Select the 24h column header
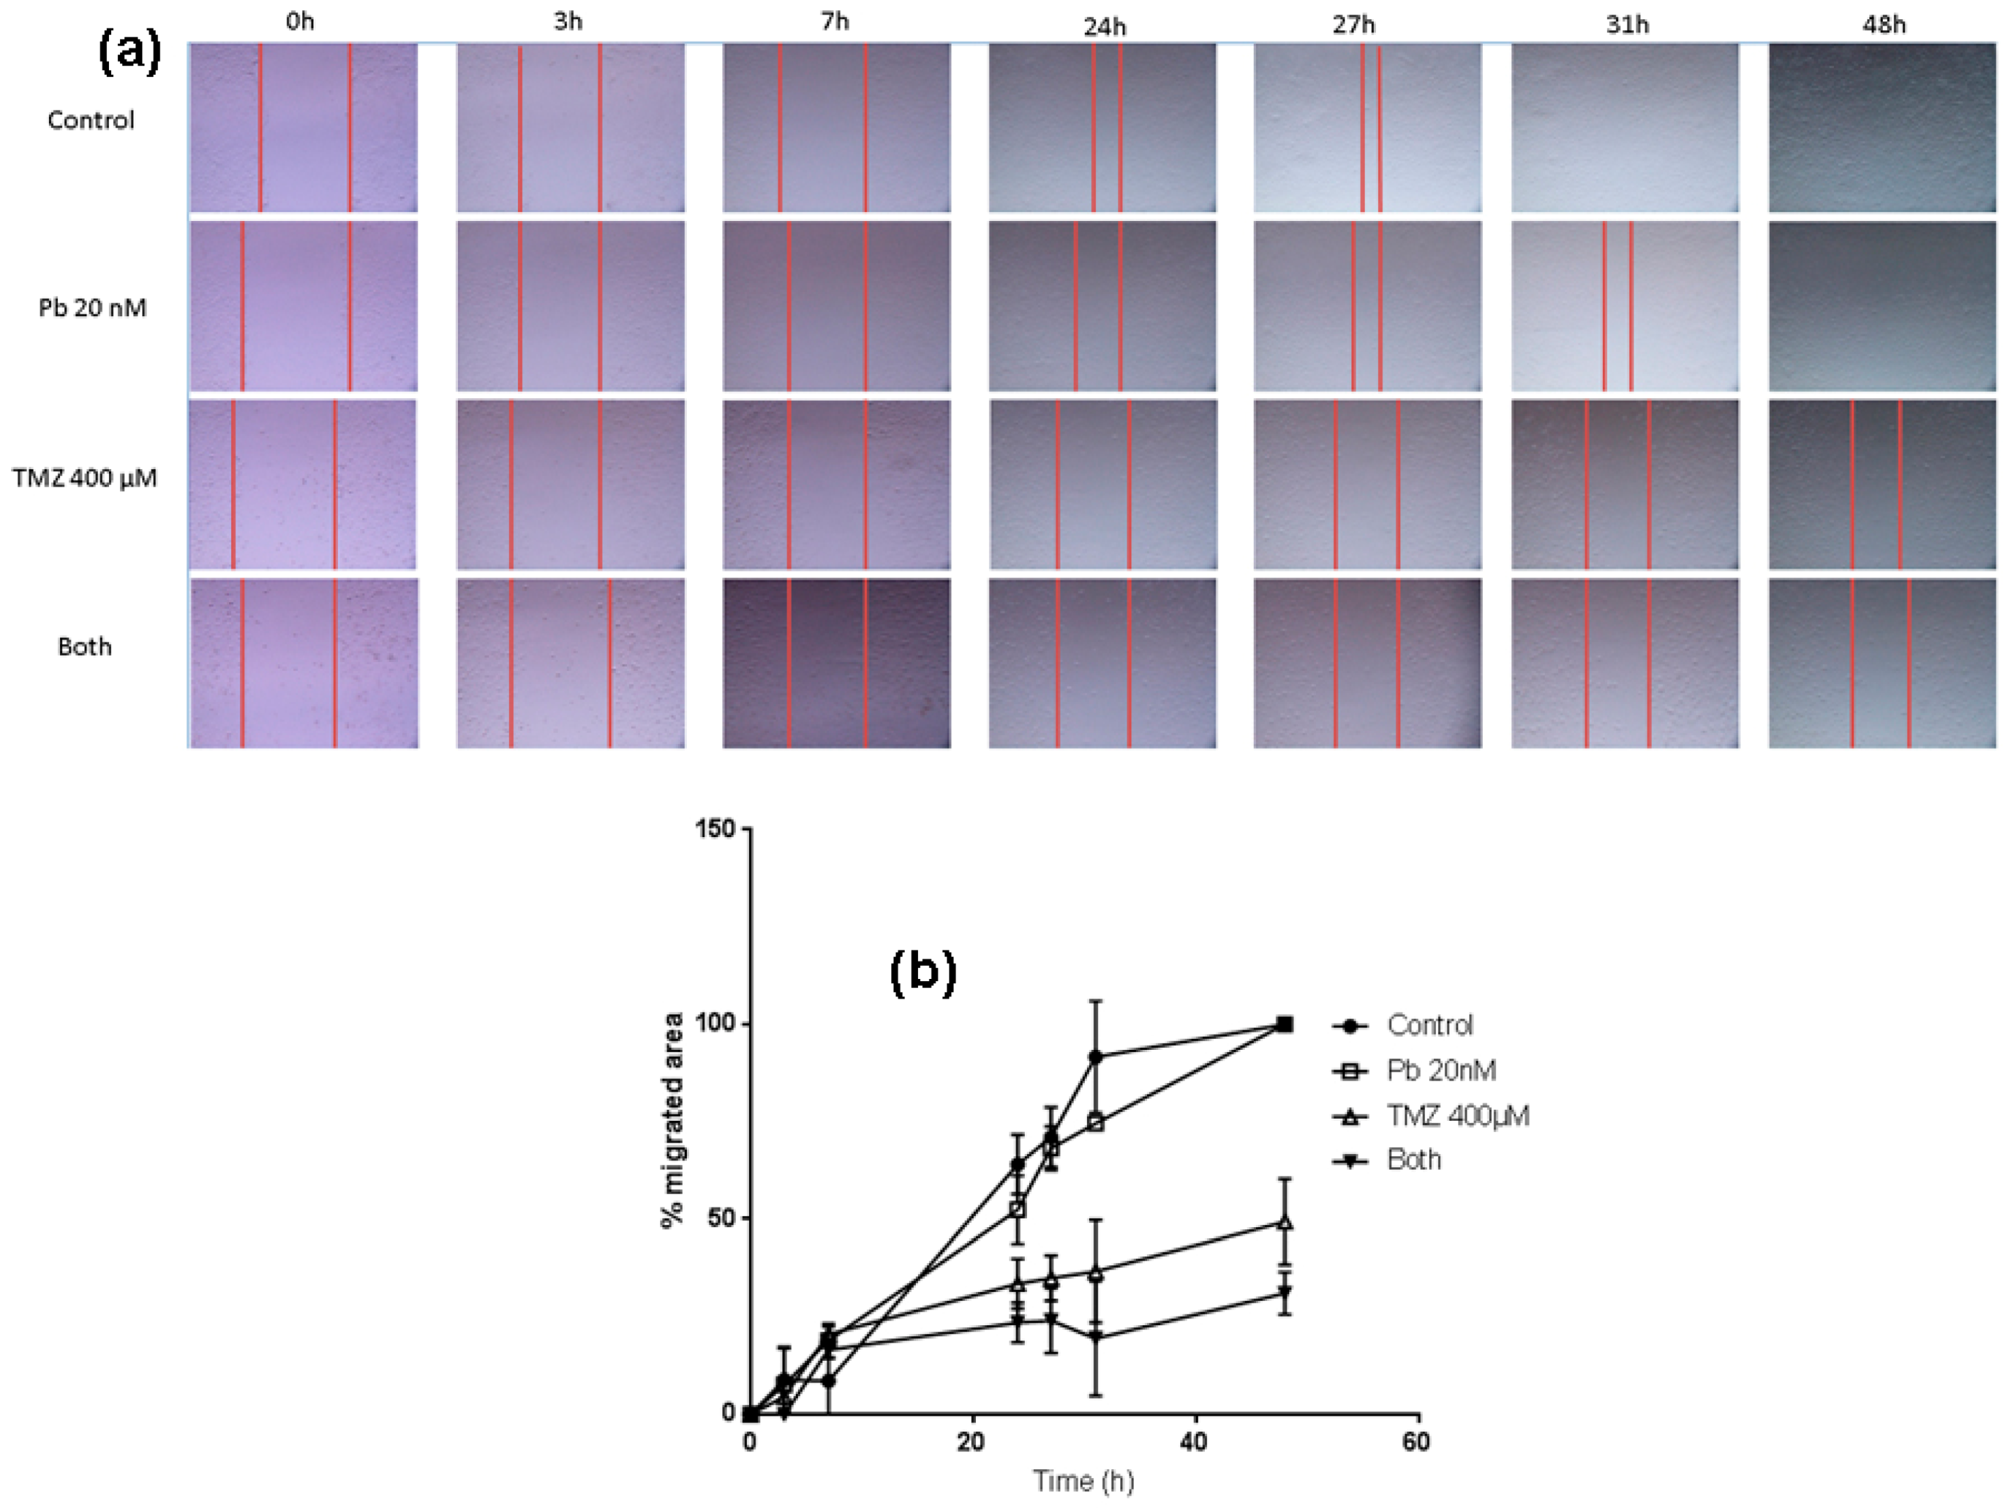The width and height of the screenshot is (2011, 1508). coord(1104,27)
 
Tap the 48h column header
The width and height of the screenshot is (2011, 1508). coord(1883,25)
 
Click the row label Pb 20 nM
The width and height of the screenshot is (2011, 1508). coord(92,308)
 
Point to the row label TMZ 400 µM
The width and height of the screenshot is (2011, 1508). coord(85,477)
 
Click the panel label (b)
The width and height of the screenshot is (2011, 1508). coord(922,972)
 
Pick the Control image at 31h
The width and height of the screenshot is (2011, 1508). coord(1625,127)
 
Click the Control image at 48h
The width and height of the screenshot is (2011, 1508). coord(1882,127)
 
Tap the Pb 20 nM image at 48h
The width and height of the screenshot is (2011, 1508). coord(1882,307)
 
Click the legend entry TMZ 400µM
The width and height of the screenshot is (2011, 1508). coord(1456,1115)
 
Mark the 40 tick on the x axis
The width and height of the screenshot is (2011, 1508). coord(1195,1442)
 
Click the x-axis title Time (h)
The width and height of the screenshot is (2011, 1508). coord(1083,1481)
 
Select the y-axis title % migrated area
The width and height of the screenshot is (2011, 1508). coord(673,1121)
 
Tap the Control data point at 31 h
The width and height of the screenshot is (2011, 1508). coord(1096,1057)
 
